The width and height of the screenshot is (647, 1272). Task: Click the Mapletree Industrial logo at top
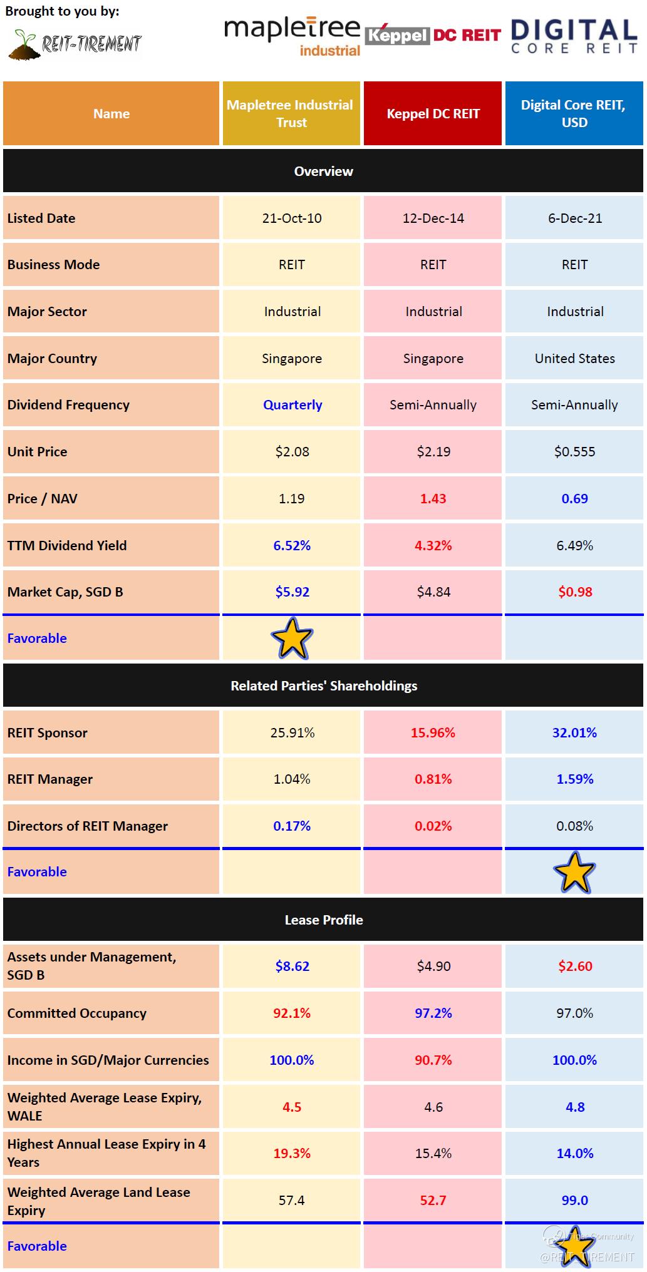[292, 36]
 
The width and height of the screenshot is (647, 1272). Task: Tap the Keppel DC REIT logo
[433, 35]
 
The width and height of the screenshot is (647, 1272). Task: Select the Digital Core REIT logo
[574, 36]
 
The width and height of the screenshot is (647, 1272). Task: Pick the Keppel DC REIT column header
[433, 113]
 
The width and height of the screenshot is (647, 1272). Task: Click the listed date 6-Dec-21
[574, 218]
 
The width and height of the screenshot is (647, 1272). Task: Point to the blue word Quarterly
[292, 405]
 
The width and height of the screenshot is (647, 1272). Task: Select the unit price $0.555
[574, 452]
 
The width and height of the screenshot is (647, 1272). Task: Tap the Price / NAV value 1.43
[433, 499]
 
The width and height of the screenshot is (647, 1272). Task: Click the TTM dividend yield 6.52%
[292, 545]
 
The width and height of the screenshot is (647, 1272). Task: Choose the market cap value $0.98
[574, 592]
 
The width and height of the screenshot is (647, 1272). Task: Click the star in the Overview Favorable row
[292, 638]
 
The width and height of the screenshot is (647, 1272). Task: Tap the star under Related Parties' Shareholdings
[574, 872]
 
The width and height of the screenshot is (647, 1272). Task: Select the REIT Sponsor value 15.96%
[433, 732]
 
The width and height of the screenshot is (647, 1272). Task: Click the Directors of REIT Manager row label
[88, 826]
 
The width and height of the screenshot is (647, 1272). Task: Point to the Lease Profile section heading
[323, 920]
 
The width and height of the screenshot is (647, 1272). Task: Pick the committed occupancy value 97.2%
[433, 1013]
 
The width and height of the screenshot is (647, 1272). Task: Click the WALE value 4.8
[574, 1107]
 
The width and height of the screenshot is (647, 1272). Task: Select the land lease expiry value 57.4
[292, 1200]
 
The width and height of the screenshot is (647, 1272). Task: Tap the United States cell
[574, 359]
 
